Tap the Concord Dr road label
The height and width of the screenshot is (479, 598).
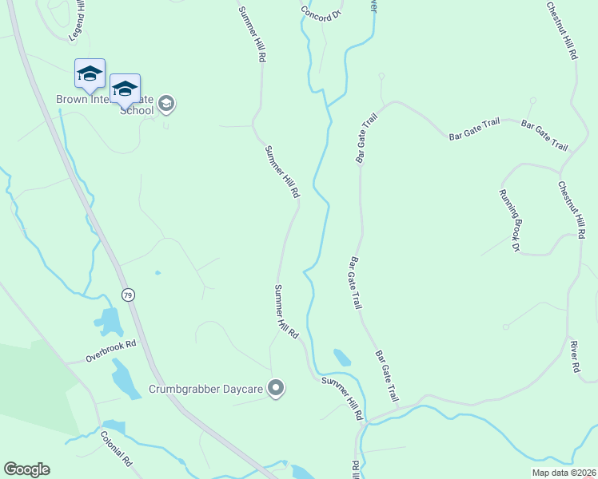coord(321,14)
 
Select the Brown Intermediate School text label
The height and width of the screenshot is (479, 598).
coord(104,105)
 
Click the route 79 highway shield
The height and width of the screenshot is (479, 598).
coord(128,295)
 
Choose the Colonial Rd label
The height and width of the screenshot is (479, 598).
coord(116,449)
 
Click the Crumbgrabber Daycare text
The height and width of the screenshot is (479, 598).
coord(207,390)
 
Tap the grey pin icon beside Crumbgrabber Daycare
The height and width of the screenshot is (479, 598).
coord(277,389)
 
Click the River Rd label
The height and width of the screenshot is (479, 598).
coord(574,357)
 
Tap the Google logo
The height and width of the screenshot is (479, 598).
coord(26,469)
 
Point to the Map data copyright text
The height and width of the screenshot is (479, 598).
coord(564,473)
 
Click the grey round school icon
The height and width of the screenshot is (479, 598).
coord(166,103)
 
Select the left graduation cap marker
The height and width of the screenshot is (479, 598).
coord(90,74)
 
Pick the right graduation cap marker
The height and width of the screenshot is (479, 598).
coord(125,89)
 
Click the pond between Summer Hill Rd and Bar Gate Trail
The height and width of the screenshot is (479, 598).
coord(341,357)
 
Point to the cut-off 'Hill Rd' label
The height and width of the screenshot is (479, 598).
coord(355,470)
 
